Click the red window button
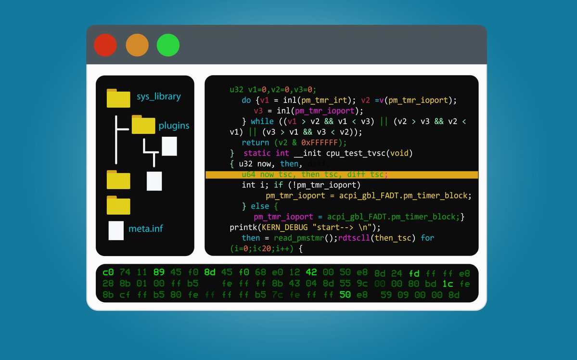point(105,45)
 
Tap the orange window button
point(137,45)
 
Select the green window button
point(168,45)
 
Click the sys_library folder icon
point(118,98)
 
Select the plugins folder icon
point(143,125)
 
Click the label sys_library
point(159,96)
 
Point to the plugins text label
point(174,126)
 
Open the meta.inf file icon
point(116,230)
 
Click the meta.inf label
point(145,228)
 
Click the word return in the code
point(256,142)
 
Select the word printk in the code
point(244,227)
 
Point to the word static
point(257,153)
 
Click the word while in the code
point(262,121)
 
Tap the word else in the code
point(260,206)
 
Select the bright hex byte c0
point(108,272)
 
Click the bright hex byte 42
point(311,272)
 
